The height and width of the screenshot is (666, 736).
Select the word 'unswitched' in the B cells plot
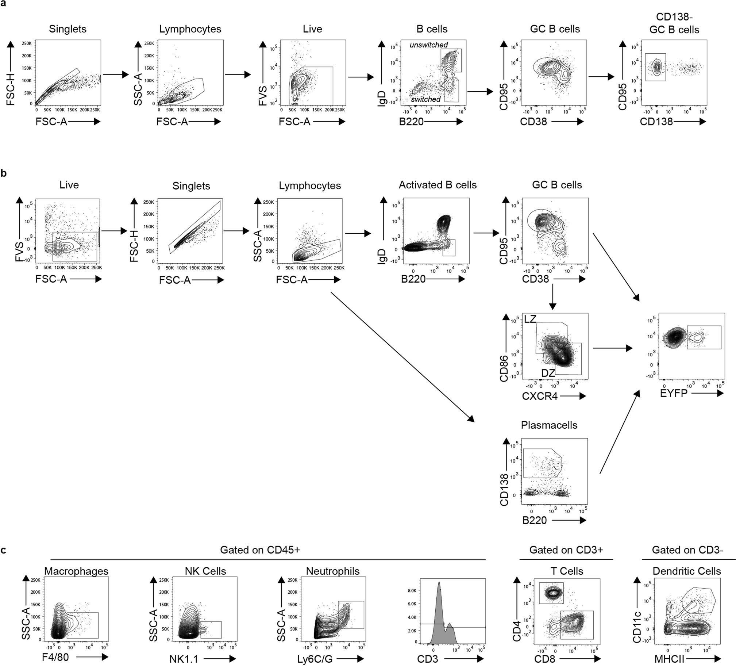[428, 45]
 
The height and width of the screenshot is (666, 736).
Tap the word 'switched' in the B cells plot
[426, 99]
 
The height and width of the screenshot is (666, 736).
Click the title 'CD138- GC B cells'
[674, 23]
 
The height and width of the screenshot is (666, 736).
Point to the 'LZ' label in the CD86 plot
[530, 319]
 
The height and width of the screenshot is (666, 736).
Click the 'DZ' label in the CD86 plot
[548, 373]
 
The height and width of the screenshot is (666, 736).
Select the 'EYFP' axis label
[674, 393]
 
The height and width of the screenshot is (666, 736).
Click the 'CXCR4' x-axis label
[540, 396]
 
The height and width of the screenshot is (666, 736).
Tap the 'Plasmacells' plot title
[549, 425]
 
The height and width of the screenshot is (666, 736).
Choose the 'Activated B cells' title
[438, 185]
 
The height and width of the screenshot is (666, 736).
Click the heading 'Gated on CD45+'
[260, 550]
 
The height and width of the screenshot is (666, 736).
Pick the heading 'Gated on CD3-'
[687, 550]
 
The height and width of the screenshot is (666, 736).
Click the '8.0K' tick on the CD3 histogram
[413, 590]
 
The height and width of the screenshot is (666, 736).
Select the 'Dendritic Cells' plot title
[686, 571]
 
